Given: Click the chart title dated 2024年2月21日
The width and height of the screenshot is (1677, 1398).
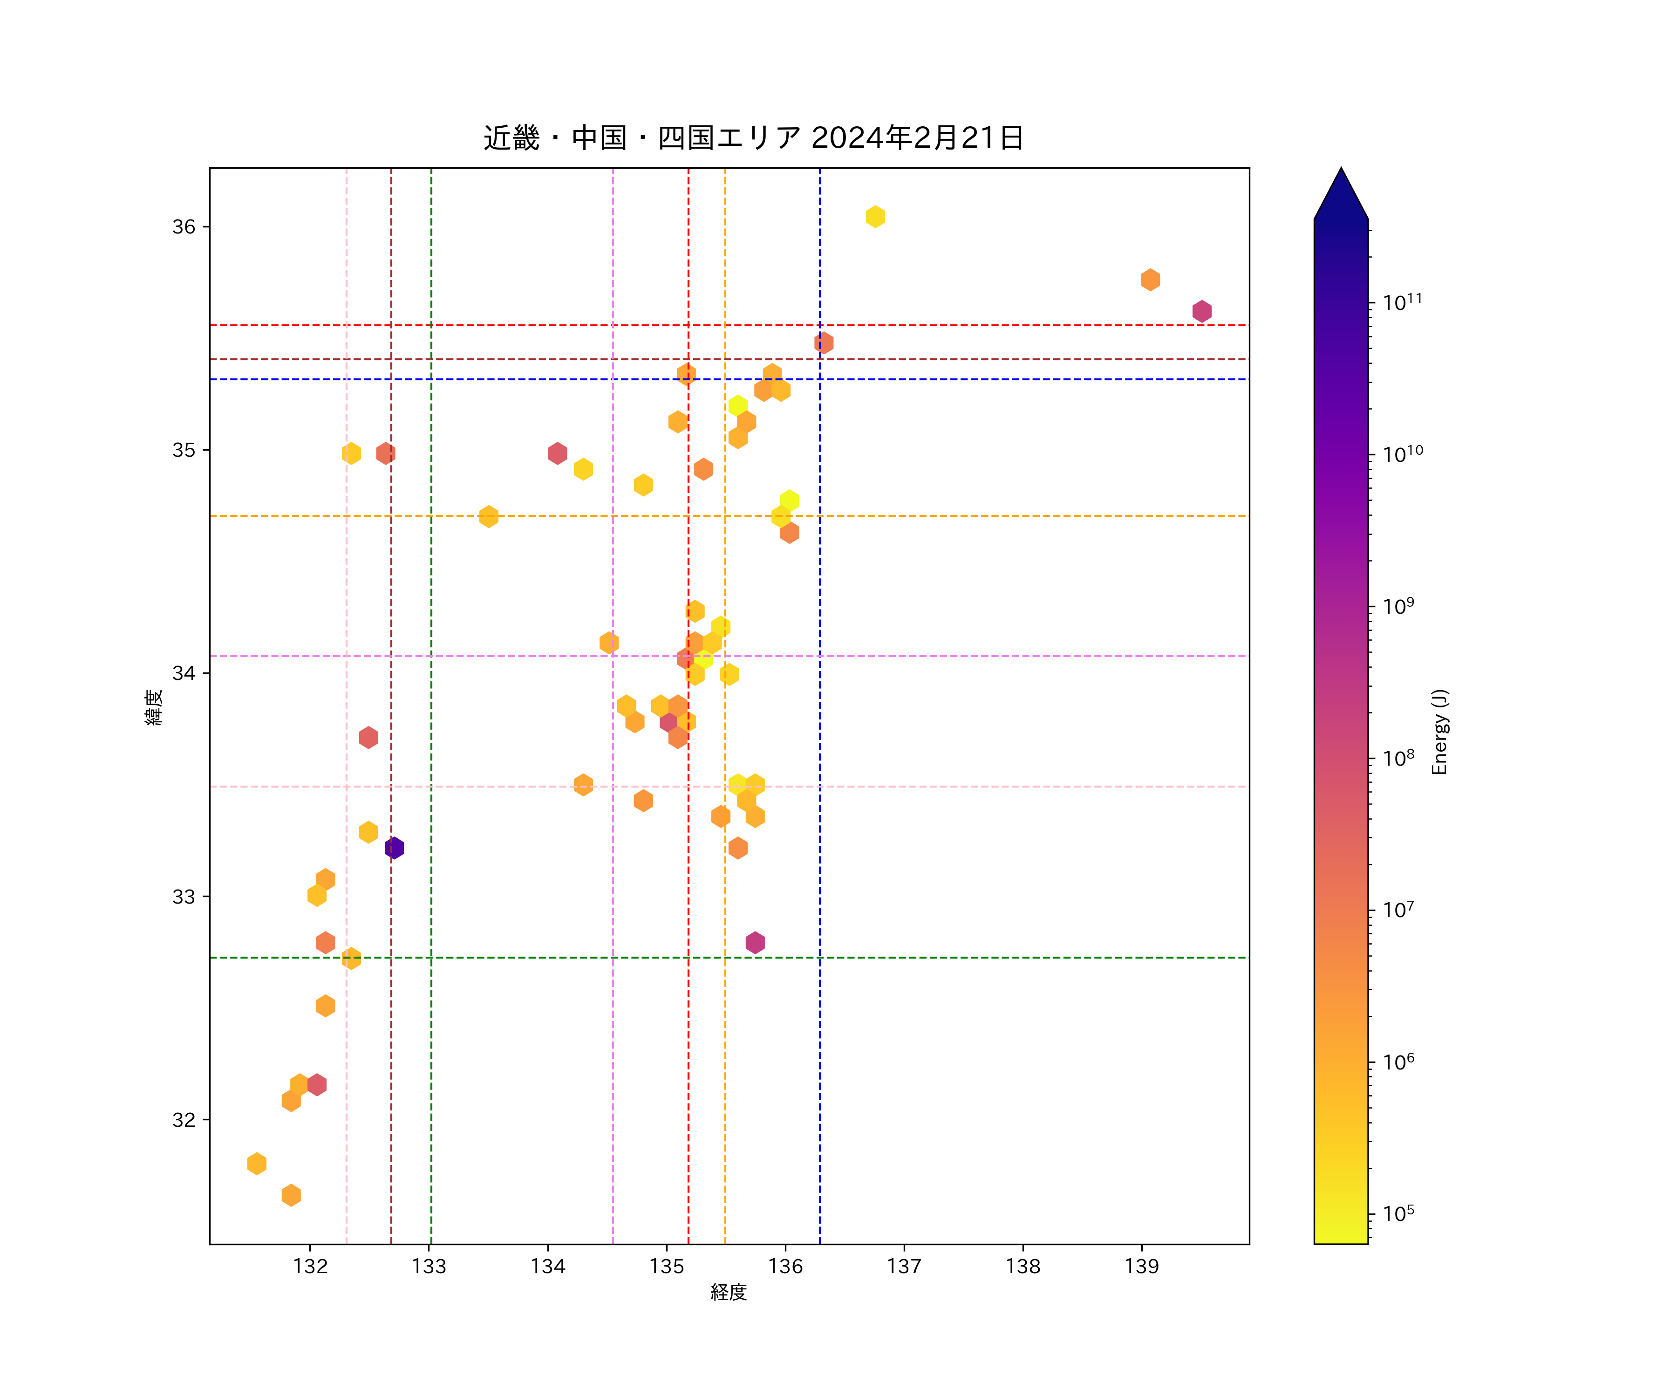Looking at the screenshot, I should pos(753,138).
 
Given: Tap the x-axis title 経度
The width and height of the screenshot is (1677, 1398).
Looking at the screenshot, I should pos(728,1292).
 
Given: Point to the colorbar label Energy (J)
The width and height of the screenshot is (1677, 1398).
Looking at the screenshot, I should pos(1439,732).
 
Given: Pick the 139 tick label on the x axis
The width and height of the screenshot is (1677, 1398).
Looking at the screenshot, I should pos(1141,1266).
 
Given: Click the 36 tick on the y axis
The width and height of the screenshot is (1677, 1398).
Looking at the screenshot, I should pos(184,227).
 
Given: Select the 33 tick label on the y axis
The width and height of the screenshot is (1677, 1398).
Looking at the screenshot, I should pos(184,896).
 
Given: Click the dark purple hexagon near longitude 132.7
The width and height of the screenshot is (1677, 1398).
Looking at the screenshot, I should pos(394,848).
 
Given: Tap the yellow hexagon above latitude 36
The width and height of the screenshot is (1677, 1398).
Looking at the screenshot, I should pos(875,217).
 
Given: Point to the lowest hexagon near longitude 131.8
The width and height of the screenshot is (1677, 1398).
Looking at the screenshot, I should pos(291,1195).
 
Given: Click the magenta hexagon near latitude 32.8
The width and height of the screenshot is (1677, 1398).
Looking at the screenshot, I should pos(755,943).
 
